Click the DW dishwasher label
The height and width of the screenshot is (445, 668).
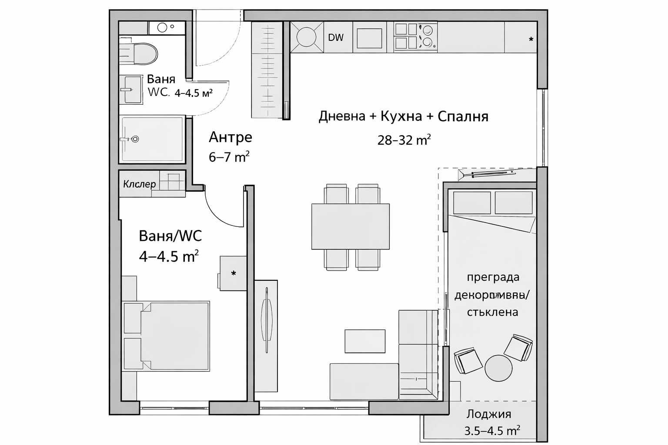pos(335,38)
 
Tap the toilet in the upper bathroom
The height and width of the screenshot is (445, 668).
pos(141,53)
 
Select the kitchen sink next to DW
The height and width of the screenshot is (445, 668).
pos(306,37)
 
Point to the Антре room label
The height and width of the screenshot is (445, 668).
pos(230,137)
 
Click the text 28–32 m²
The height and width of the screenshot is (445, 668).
pos(404,140)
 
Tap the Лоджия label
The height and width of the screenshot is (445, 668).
pos(488,414)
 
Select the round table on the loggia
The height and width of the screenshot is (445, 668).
pos(498,368)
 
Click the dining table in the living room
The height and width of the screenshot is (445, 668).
pos(350,226)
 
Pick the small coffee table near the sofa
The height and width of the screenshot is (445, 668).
pos(365,341)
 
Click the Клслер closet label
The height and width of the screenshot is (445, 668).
pos(139,184)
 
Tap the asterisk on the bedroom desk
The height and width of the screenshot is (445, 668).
pos(234,274)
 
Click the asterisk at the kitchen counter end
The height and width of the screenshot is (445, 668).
pos(531,40)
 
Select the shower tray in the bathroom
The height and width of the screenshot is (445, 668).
pos(152,139)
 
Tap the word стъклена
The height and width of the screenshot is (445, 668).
pos(492,312)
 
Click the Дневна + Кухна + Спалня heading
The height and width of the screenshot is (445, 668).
pos(403,116)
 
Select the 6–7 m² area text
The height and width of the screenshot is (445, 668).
pos(229,156)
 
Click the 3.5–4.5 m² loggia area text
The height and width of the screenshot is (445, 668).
pos(492,431)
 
